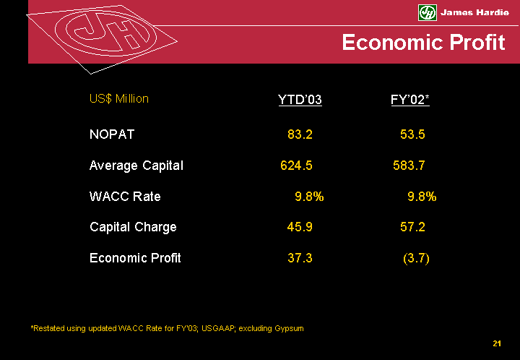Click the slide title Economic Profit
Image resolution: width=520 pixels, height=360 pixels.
coord(423,43)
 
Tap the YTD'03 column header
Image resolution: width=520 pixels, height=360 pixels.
coord(300,99)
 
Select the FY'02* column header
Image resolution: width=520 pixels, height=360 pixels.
coord(409,99)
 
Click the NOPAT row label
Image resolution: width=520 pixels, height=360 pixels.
coord(112,134)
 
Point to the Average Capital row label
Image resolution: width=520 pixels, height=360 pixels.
coord(136,166)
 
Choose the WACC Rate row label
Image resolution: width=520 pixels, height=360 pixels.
coord(125,197)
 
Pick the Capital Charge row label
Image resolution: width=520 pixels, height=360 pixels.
coord(133,227)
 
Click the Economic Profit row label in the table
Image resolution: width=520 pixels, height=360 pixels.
coord(135,258)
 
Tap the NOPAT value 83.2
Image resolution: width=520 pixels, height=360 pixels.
coord(300,134)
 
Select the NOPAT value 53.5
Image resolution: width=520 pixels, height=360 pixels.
coord(412,134)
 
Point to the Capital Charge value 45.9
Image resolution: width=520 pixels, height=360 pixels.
coord(300,227)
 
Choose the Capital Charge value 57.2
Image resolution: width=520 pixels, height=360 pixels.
coord(412,227)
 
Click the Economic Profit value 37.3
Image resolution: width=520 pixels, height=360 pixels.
coord(300,258)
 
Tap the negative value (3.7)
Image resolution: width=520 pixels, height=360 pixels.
coord(415,258)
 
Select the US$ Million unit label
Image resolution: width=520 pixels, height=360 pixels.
coord(119,99)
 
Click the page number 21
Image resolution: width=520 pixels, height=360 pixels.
coord(497,343)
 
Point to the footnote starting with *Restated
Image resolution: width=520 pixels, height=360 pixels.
coord(167,328)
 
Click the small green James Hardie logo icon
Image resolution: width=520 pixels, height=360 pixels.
coord(428,12)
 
